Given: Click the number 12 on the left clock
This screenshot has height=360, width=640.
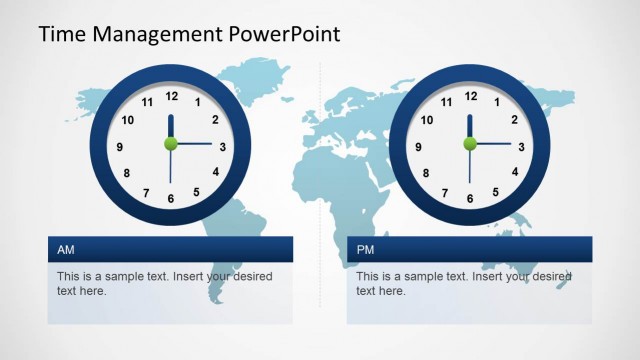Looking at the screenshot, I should (x=171, y=96).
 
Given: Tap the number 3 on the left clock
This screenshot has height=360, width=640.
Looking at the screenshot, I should (x=222, y=147).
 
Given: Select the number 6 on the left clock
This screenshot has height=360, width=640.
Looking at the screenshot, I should (x=171, y=198).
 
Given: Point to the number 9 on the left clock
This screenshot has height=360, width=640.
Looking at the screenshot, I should (x=120, y=147).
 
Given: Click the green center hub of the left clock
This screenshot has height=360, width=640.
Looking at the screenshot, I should (x=171, y=144).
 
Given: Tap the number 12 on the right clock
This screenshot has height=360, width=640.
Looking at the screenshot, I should (x=470, y=96).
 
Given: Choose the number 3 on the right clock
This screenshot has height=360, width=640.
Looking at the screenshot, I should (x=521, y=147).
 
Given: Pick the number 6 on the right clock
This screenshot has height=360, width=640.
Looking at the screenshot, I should (x=470, y=198).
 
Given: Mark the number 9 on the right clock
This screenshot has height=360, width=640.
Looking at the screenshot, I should (x=419, y=147).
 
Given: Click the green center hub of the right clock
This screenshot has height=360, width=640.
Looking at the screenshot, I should (x=470, y=144).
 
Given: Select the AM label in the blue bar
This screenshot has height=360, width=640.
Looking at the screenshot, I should (x=66, y=249).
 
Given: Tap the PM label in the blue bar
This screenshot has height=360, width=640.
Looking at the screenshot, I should (x=365, y=249).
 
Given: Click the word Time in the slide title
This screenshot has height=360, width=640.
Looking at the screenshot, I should (x=62, y=34).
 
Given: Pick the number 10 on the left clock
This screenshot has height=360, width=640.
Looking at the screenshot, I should (x=127, y=121).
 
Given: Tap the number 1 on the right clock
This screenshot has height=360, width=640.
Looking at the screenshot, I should (x=497, y=102).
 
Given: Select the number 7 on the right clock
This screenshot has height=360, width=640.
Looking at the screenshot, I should (x=445, y=192).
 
